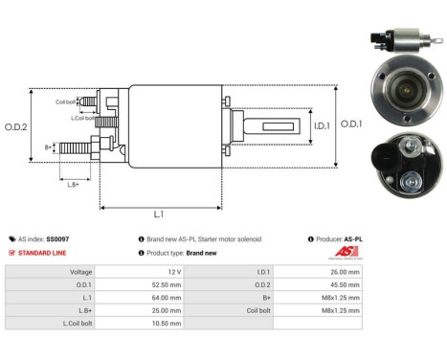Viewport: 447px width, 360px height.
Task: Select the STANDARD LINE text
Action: pos(45,253)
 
